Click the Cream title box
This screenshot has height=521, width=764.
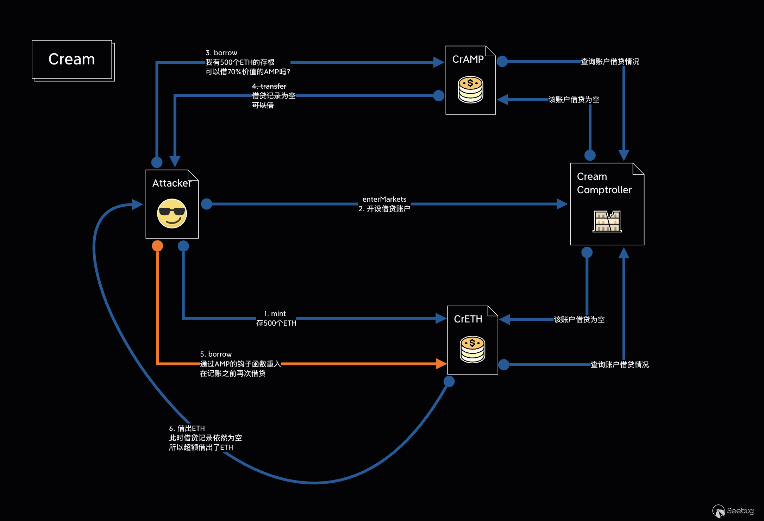[x=72, y=59]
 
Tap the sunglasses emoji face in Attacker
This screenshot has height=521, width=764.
[x=172, y=213]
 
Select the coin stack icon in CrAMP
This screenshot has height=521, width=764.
[x=470, y=89]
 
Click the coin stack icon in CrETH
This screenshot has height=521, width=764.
[x=472, y=349]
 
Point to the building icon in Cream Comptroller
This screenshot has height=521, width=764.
[x=607, y=221]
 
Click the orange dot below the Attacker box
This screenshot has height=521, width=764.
[x=157, y=246]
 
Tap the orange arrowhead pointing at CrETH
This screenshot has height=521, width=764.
[x=441, y=364]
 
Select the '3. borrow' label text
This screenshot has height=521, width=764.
[x=221, y=53]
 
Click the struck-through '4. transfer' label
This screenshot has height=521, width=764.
[x=269, y=86]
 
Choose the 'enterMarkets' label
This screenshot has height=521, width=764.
[x=384, y=199]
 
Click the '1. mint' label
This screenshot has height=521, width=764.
[x=275, y=314]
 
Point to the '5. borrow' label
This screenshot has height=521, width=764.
[x=216, y=354]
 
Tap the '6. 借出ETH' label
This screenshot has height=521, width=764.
[x=187, y=428]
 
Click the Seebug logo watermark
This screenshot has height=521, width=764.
[x=733, y=511]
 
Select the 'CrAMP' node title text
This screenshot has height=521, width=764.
[x=468, y=59]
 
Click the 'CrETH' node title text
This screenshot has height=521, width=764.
[x=468, y=319]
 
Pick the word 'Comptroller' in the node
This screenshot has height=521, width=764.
[x=604, y=190]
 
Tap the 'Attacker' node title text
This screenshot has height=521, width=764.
[x=172, y=183]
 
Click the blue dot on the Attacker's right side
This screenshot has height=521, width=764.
[x=207, y=204]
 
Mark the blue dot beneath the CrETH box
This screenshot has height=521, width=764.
[x=449, y=381]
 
